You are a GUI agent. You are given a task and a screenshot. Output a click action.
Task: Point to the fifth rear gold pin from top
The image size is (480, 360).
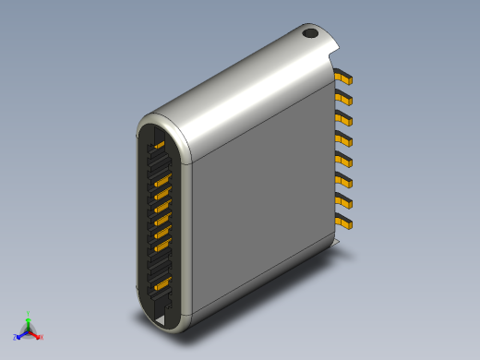344,160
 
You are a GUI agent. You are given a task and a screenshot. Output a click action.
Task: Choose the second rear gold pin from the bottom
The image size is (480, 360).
344,201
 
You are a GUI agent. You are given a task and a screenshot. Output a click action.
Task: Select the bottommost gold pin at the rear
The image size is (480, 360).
344,222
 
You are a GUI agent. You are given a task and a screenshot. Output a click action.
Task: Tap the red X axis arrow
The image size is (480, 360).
36,334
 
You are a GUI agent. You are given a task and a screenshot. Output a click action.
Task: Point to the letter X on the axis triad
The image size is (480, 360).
41,338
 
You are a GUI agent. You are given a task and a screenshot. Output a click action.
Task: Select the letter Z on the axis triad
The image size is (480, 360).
16,338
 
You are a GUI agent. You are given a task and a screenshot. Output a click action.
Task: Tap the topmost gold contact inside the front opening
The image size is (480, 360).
159,146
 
